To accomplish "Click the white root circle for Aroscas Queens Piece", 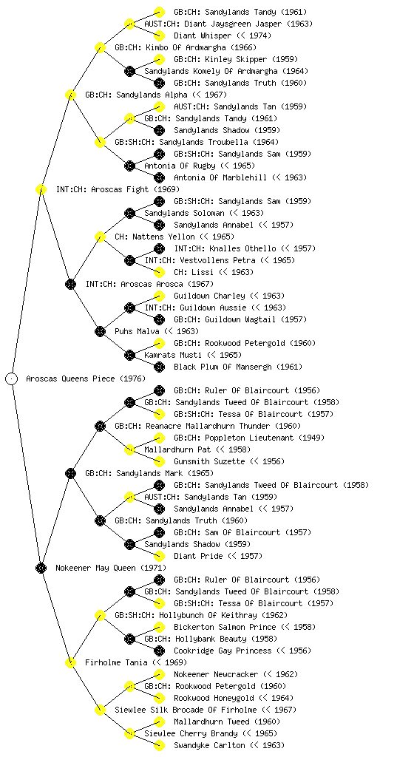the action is click(x=12, y=379).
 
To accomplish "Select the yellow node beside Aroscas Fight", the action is click(x=41, y=190).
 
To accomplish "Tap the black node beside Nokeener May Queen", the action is click(x=41, y=568).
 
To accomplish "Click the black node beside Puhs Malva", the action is click(x=100, y=332).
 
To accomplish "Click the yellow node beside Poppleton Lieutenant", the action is click(x=159, y=438).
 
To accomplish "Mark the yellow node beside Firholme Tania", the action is click(x=70, y=663).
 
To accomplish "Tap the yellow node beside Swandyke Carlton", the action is click(x=159, y=745).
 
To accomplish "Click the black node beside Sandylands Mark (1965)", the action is click(x=70, y=474).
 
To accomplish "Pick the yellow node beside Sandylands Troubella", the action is click(x=100, y=143).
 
